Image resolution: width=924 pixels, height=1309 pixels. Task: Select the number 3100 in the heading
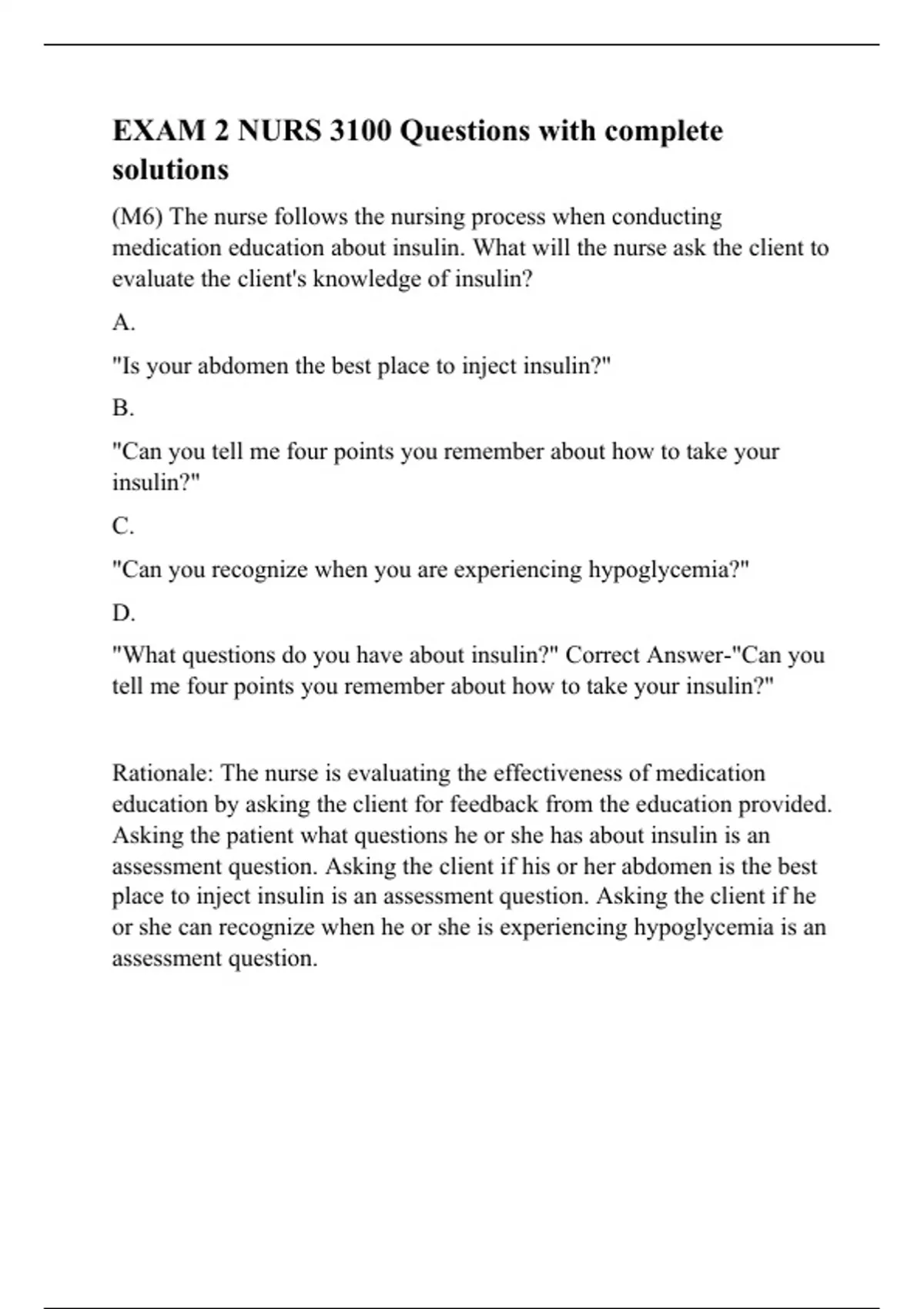pos(360,132)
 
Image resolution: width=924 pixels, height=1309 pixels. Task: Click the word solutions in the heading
pos(170,169)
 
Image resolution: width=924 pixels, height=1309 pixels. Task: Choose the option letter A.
pos(123,323)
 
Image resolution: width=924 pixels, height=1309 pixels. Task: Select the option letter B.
pos(123,408)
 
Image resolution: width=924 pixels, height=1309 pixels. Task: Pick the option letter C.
pos(123,527)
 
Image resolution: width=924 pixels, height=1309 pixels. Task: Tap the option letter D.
pos(123,614)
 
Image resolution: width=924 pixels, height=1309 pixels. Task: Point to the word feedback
pos(494,805)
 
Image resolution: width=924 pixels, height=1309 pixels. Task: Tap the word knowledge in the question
pos(367,279)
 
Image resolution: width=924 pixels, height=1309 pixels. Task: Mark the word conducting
pos(667,217)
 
